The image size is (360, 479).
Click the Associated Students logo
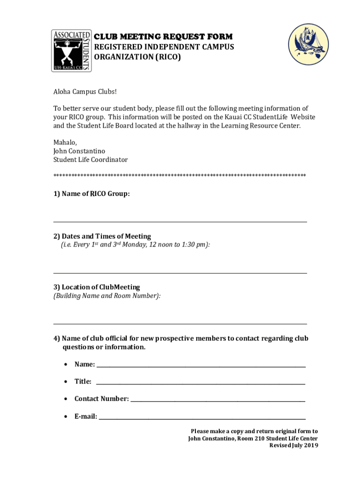coord(71,50)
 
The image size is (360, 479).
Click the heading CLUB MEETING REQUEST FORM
coord(163,37)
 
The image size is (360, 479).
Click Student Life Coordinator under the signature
coord(91,160)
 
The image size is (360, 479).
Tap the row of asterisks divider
coord(180,175)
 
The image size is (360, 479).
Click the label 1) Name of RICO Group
coord(92,194)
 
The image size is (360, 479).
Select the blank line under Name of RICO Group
coord(180,222)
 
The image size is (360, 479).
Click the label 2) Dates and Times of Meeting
coord(102,236)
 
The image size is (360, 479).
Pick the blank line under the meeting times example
coord(180,273)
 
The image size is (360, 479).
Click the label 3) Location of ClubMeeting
coord(97,287)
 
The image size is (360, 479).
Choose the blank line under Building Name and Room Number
coord(180,323)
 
